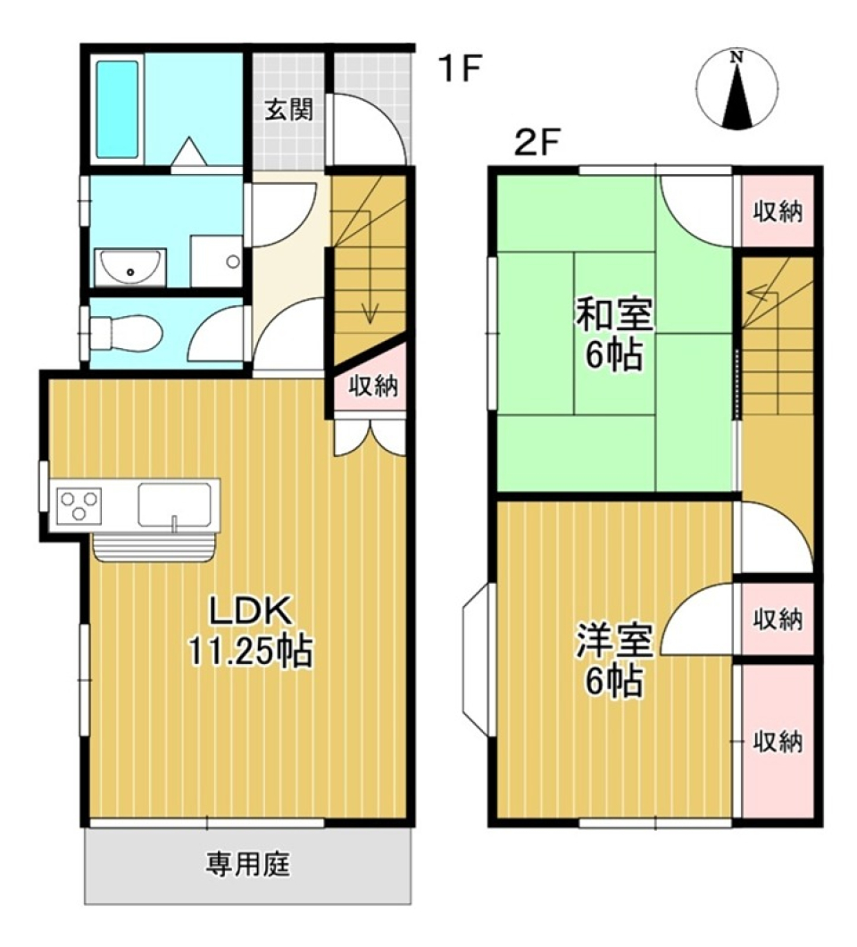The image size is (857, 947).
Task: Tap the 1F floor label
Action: pos(459,71)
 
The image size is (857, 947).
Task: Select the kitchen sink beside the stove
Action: pos(175,506)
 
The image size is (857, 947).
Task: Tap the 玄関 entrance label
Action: pos(288,111)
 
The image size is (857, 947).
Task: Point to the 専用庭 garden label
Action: pos(249,864)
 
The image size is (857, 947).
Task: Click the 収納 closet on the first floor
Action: pos(372,386)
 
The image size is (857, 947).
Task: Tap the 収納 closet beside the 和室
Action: pos(778,212)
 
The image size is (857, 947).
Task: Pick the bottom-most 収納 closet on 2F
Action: pos(777,742)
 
